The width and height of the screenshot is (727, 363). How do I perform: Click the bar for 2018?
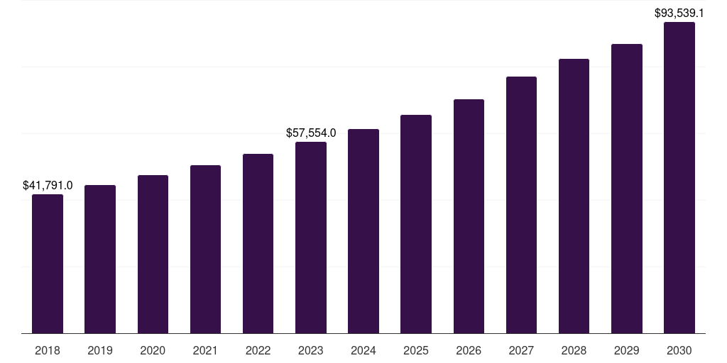(48, 264)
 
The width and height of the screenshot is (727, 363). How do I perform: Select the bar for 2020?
(153, 254)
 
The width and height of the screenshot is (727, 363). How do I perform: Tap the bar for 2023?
(311, 238)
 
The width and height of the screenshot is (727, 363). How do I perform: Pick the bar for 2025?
(416, 224)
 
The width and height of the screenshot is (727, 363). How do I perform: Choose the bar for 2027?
(521, 205)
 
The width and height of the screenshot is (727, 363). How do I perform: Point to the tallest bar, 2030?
(679, 177)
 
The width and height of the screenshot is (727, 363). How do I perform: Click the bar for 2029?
(627, 189)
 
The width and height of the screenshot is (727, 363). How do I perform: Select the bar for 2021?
(205, 249)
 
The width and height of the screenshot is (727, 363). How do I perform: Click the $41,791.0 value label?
(48, 185)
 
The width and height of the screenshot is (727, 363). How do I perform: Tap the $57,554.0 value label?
(311, 133)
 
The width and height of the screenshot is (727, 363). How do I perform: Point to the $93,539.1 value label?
(679, 13)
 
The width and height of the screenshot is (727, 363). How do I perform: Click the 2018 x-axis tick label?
(48, 350)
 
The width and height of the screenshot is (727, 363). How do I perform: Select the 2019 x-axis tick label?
(100, 350)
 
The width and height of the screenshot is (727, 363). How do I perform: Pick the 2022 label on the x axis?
(258, 350)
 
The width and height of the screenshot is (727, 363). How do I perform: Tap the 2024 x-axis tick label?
(363, 350)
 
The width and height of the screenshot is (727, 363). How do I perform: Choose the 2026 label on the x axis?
(469, 350)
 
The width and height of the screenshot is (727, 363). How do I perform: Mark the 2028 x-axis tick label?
(574, 350)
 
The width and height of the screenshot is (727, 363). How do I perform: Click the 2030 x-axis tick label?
(679, 350)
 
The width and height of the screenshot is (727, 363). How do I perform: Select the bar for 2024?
(363, 231)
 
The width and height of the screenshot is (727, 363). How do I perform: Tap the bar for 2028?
(574, 196)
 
